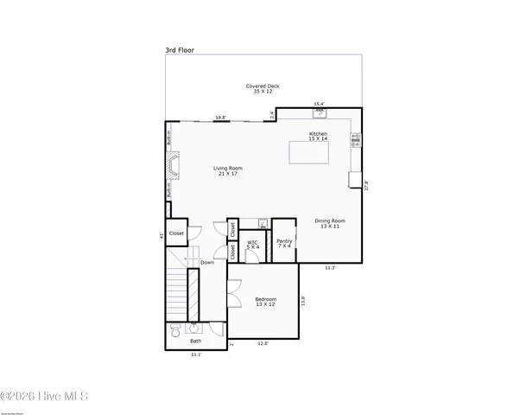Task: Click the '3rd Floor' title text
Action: point(180,51)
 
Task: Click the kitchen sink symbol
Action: point(320,112)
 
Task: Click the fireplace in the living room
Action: point(174,166)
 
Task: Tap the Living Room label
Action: point(229,170)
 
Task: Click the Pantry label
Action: point(284,244)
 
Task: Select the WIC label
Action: point(253,245)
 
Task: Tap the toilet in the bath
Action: point(175,329)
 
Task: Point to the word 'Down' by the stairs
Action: point(207,262)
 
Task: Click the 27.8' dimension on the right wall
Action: point(367,185)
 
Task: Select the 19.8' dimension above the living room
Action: point(220,118)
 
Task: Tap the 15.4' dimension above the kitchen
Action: point(319,104)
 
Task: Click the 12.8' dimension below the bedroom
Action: point(263,344)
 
